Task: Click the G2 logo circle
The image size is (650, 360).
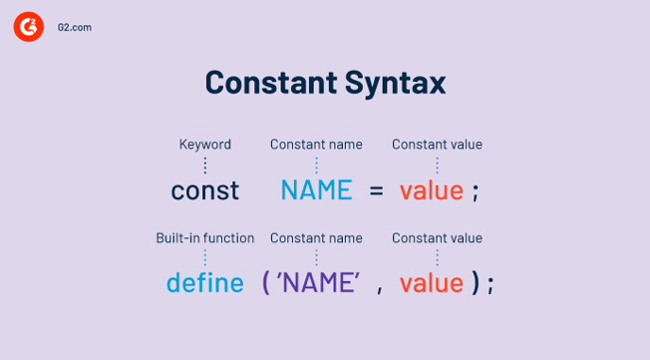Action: point(28,28)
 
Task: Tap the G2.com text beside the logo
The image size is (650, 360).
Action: point(76,28)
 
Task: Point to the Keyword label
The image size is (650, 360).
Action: point(204,145)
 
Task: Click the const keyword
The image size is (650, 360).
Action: point(204,190)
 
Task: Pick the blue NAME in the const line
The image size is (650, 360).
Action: point(316,190)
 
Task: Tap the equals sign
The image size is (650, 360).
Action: point(376,190)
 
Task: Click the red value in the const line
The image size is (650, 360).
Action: point(431,190)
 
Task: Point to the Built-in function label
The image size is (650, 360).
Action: point(204,238)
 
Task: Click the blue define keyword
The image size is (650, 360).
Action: point(204,283)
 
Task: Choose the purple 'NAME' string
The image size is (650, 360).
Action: point(318,283)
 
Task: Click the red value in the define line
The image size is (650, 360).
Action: point(431,283)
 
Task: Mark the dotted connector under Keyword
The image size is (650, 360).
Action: point(204,166)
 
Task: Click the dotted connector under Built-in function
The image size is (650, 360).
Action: point(204,258)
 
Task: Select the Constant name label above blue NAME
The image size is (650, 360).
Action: point(316,145)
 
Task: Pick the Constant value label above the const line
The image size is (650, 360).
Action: point(437,145)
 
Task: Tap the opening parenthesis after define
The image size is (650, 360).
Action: point(266,283)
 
